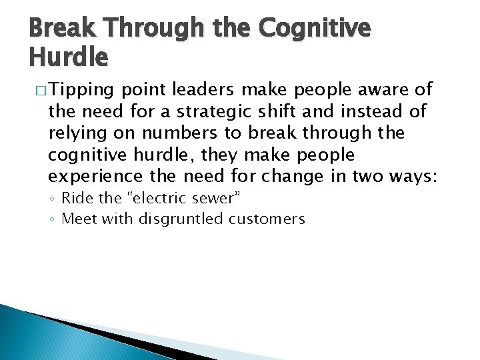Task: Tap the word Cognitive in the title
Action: [313, 29]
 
